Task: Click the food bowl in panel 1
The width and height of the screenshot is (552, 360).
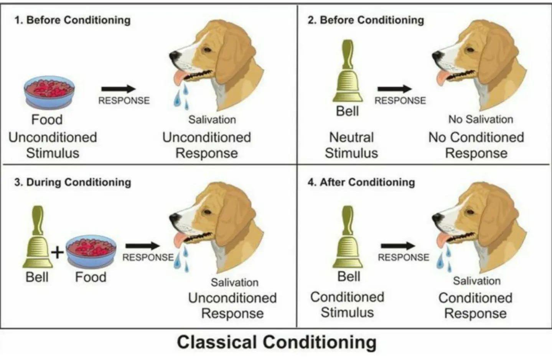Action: tap(49, 92)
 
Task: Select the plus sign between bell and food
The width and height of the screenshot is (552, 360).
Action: tap(58, 253)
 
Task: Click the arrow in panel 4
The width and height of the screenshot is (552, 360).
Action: tap(398, 246)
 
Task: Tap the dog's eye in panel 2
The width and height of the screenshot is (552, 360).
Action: tap(470, 50)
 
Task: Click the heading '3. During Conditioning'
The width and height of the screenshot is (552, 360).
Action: tap(73, 182)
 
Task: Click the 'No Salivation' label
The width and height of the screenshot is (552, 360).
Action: tap(481, 120)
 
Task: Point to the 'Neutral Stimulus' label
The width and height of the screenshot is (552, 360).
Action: tap(351, 145)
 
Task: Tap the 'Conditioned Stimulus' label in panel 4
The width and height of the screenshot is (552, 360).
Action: tap(347, 304)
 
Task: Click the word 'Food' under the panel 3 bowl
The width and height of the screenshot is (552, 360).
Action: tap(91, 277)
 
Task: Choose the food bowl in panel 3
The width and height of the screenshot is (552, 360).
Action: tap(91, 251)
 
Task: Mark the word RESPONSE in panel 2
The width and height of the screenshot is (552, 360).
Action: tap(400, 100)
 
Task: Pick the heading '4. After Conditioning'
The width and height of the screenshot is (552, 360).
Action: tap(361, 182)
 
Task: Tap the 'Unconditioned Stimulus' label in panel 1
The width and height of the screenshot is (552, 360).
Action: tap(53, 145)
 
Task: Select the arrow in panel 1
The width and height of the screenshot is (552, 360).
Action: tap(119, 89)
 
